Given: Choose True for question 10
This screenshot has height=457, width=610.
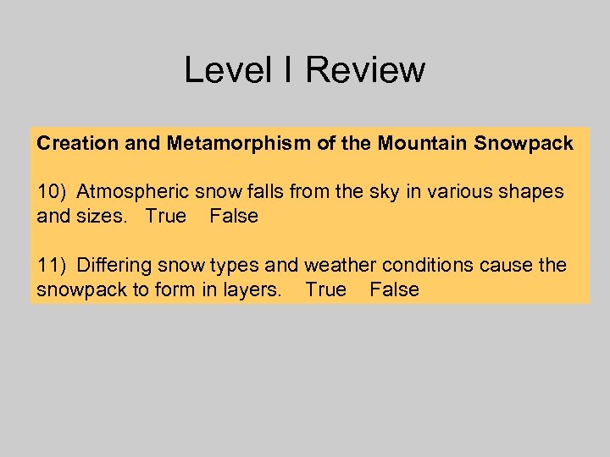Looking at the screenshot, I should pos(165,217).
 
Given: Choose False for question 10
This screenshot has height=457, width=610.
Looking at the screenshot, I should pos(234,217).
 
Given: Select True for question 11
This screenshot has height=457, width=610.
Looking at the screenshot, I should pos(326,290).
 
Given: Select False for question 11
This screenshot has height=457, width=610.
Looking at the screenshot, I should pos(395,290).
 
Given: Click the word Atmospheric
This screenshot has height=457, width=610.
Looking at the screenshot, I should pos(127,192).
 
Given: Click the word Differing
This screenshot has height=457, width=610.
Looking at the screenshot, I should pos(112,266).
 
